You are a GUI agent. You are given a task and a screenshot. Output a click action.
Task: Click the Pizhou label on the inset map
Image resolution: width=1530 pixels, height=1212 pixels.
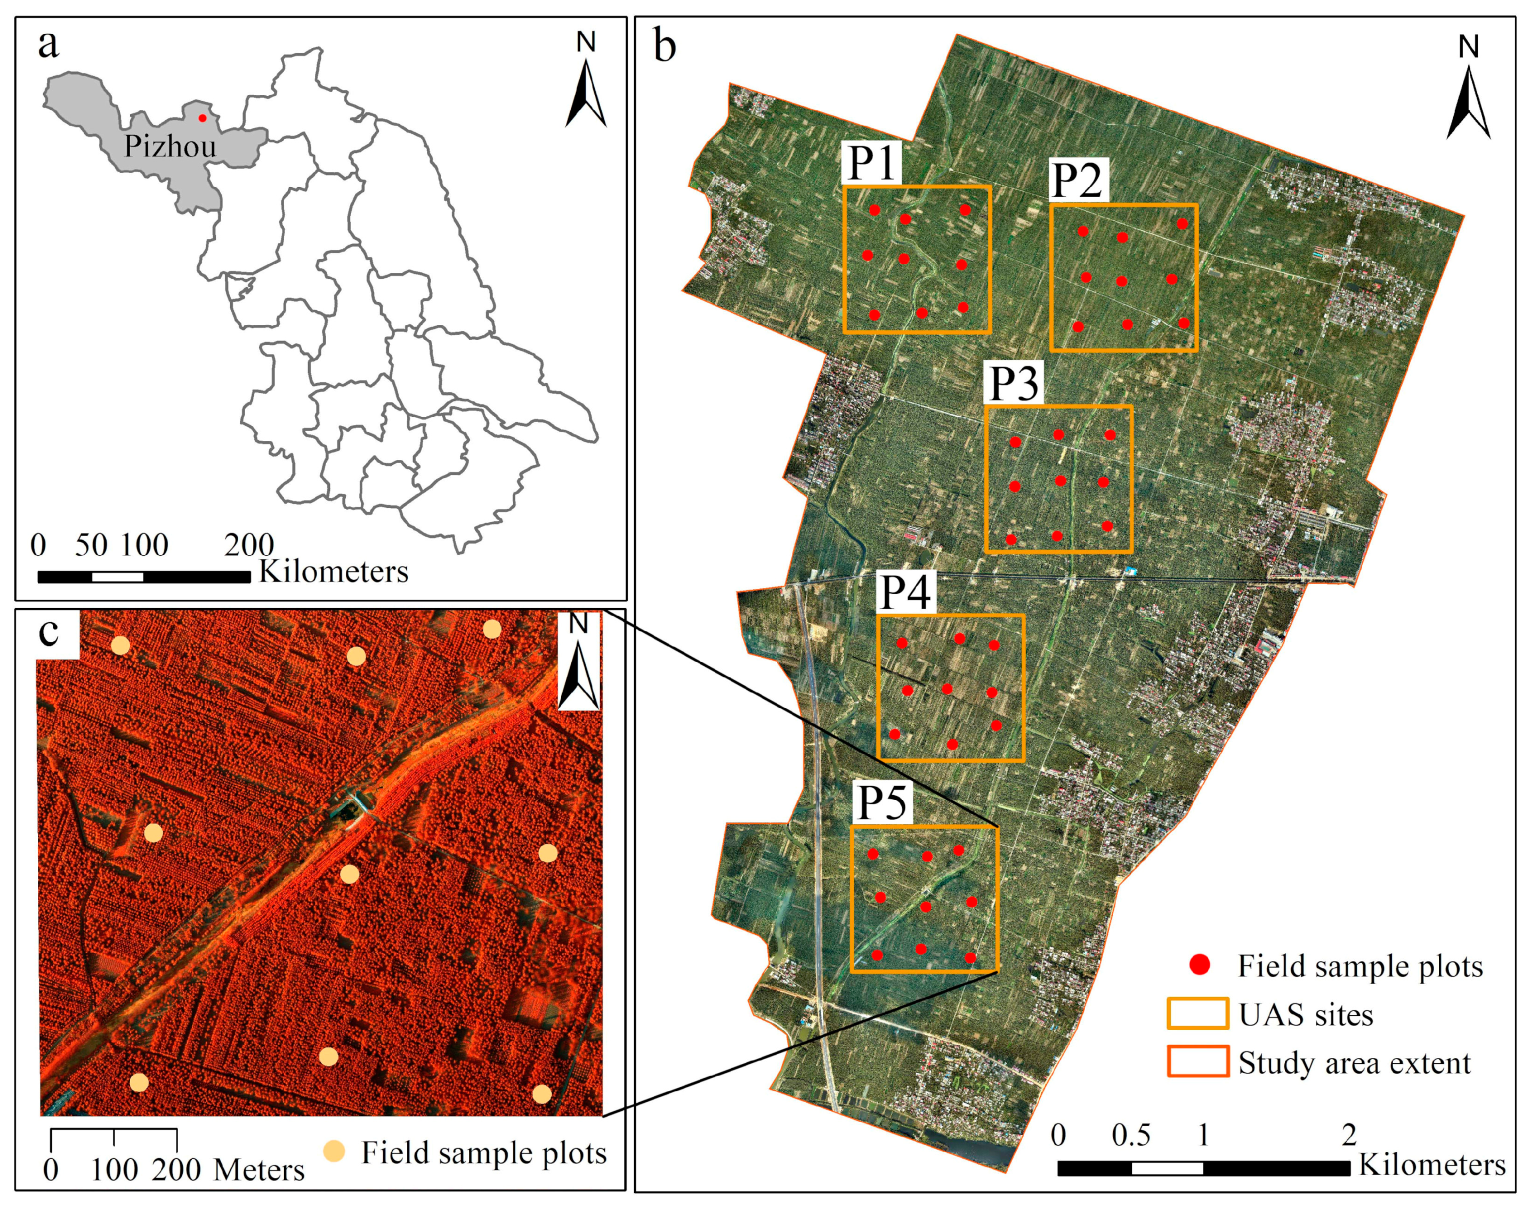point(170,146)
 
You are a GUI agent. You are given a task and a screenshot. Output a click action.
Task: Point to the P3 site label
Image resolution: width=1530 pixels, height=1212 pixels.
point(1014,383)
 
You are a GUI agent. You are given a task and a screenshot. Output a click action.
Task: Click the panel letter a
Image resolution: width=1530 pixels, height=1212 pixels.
point(48,44)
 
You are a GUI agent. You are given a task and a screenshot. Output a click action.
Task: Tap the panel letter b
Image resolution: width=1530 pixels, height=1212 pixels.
point(664,47)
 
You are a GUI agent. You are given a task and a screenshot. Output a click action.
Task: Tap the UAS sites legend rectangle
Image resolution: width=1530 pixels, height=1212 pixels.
point(1198,1013)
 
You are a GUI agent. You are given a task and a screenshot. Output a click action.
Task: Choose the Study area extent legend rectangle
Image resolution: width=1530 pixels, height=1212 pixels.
point(1198,1062)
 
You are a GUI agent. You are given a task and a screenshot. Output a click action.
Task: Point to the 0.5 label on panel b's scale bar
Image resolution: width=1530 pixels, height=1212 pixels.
point(1131,1135)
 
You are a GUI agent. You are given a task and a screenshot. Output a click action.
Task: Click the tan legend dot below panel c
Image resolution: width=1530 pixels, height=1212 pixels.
point(334,1152)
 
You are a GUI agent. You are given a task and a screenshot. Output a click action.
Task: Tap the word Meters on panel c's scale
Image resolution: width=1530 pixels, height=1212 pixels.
point(259,1169)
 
